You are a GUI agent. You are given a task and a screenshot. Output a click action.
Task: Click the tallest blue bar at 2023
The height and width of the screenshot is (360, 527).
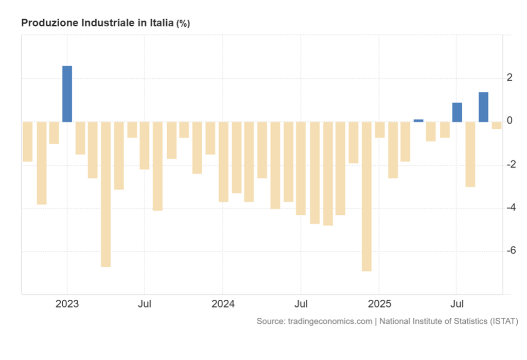67,94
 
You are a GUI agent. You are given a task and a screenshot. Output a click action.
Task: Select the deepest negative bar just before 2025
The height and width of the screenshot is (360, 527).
366,196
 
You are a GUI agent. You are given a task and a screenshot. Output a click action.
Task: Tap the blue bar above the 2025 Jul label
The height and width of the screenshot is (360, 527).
457,112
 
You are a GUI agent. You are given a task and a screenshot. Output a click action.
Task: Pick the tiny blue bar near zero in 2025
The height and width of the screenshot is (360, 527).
418,121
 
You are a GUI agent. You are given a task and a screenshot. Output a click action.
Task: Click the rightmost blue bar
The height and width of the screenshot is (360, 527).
483,107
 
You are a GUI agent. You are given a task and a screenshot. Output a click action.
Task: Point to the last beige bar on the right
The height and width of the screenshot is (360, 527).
496,125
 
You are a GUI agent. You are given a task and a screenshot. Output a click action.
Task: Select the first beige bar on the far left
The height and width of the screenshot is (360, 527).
28,142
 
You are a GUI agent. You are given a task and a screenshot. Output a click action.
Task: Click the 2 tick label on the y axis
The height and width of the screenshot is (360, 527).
510,78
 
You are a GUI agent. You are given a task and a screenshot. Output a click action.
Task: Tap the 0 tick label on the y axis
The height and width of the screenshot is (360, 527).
510,121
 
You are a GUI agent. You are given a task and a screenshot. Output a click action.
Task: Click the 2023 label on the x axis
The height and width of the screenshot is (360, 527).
67,303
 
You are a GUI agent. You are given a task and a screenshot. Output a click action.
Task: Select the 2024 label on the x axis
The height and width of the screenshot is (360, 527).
223,303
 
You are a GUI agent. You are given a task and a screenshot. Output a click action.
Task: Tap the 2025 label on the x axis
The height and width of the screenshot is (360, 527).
379,303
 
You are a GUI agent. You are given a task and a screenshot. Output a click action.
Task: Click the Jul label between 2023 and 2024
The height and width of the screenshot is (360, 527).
145,303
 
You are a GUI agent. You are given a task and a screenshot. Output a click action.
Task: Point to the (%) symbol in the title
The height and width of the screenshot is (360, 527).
183,24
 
